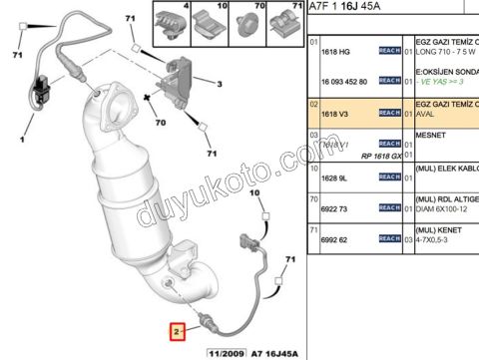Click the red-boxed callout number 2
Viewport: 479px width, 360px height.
coord(176,328)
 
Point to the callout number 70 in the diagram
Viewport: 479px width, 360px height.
coord(159,123)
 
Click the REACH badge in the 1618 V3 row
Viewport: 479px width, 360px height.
coord(390,115)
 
